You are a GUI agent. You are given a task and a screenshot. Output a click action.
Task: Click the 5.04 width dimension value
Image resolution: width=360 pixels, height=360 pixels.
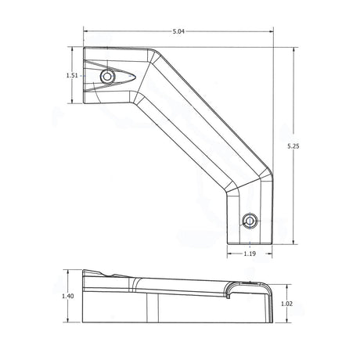pyautogui.click(x=178, y=31)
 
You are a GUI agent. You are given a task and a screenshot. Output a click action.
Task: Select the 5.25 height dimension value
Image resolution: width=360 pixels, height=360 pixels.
pyautogui.click(x=293, y=146)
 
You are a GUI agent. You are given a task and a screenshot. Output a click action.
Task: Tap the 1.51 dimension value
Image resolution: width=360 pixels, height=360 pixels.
pyautogui.click(x=72, y=76)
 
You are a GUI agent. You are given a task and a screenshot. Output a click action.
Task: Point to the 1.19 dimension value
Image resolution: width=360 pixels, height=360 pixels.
pyautogui.click(x=250, y=254)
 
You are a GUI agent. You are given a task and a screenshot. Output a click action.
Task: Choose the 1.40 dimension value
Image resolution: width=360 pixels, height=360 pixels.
pyautogui.click(x=68, y=296)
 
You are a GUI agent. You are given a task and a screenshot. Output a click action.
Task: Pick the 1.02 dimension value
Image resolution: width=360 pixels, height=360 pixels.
pyautogui.click(x=287, y=304)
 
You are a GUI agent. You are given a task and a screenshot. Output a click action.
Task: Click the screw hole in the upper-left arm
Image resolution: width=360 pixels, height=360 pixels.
pyautogui.click(x=107, y=77)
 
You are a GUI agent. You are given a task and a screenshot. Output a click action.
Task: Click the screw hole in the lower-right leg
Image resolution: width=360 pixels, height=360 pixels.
pyautogui.click(x=250, y=221)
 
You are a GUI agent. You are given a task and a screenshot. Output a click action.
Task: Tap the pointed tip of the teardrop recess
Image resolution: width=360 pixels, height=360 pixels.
pyautogui.click(x=135, y=77)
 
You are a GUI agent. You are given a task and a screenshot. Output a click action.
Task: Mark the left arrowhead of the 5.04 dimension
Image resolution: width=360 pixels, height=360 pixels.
pyautogui.click(x=85, y=31)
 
